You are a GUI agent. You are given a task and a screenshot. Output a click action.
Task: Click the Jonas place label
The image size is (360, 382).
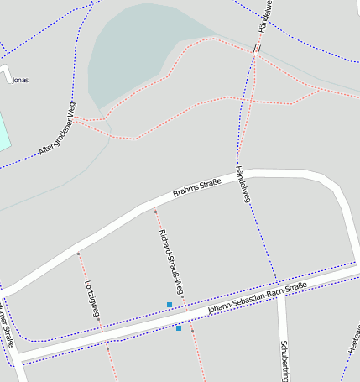21,80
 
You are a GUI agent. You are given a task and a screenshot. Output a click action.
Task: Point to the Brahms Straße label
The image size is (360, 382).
197,186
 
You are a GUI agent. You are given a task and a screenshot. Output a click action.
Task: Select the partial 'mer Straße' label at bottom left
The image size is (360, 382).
7,327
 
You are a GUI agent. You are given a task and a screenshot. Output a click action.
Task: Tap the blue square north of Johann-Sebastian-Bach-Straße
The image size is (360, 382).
170,304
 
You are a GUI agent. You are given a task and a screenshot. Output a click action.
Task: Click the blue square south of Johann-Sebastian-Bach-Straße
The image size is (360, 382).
179,328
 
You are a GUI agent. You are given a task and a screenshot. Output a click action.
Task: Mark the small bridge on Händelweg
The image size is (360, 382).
257,49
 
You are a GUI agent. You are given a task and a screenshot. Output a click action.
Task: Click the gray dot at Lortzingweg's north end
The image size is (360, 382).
78,253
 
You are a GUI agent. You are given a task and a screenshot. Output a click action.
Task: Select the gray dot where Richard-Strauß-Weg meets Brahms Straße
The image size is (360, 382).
155,211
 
